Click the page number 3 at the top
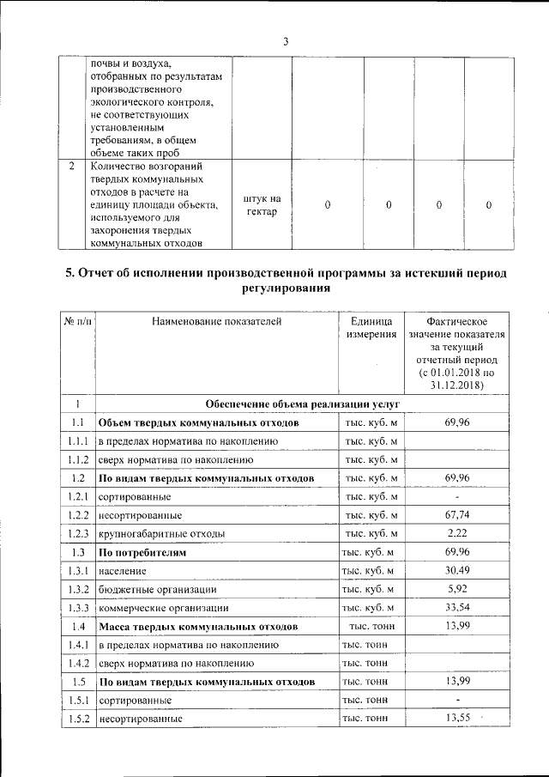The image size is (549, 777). pyautogui.click(x=287, y=41)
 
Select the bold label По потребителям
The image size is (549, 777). pyautogui.click(x=142, y=552)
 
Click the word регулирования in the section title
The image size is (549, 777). pyautogui.click(x=286, y=289)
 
